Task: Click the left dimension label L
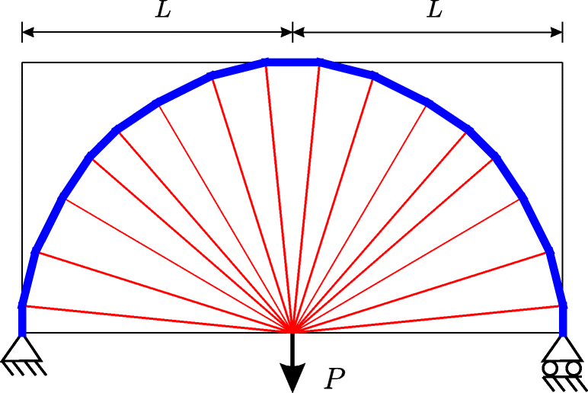pos(163,11)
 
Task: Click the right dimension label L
pos(434,11)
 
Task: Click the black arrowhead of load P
pos(292,375)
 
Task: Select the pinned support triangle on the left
pos(21,349)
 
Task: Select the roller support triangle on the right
pos(563,348)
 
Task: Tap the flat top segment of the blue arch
pos(292,62)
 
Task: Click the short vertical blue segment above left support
pos(22,319)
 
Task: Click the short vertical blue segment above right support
pos(563,319)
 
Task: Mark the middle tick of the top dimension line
pos(292,32)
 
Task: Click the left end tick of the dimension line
pos(22,32)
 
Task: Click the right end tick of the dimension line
pos(563,32)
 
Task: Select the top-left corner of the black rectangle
pos(22,62)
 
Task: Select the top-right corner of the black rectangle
pos(563,62)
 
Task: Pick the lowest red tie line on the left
pos(152,319)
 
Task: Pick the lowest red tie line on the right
pos(430,319)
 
